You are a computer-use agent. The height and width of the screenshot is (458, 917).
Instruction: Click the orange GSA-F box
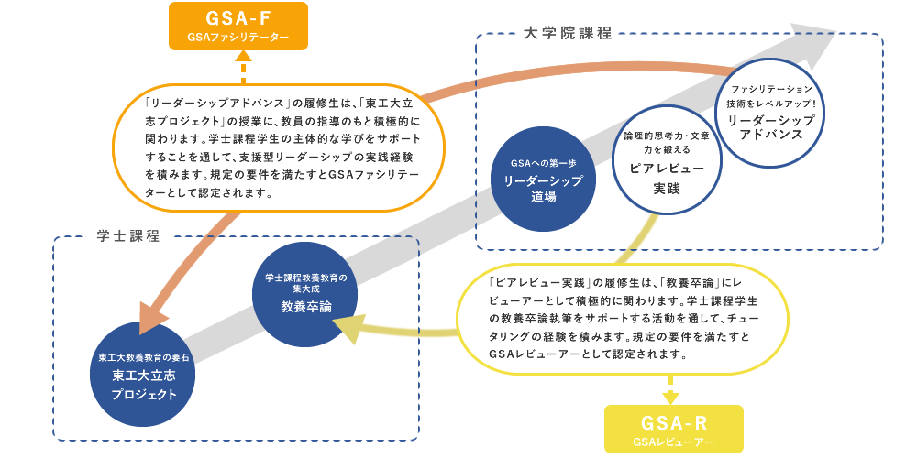pyautogui.click(x=238, y=25)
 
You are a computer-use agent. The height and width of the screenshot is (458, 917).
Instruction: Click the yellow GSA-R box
pyautogui.click(x=673, y=430)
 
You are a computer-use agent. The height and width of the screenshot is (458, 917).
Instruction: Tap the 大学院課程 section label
pyautogui.click(x=569, y=34)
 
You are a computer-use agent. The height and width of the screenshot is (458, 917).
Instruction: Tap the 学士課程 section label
pyautogui.click(x=127, y=236)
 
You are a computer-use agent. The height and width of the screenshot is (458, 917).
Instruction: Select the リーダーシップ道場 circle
pyautogui.click(x=544, y=180)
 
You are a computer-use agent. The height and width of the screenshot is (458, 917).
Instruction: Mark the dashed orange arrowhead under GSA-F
pyautogui.click(x=244, y=56)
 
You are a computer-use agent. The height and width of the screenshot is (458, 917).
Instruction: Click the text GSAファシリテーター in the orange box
pyautogui.click(x=238, y=38)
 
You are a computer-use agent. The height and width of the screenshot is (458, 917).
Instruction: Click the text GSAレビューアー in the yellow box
pyautogui.click(x=673, y=442)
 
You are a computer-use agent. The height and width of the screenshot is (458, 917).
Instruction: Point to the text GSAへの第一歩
pyautogui.click(x=544, y=162)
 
